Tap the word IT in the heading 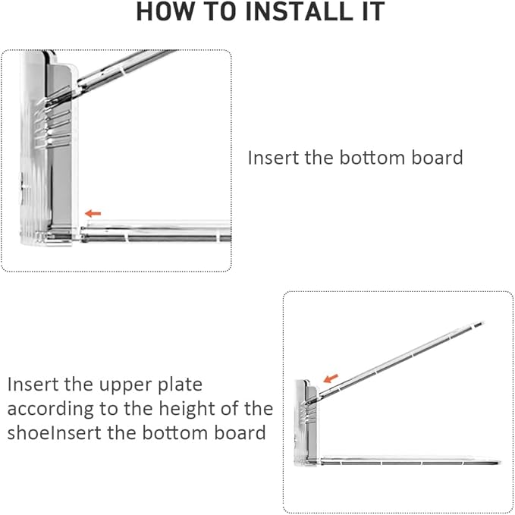point(374,11)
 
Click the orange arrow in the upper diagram point(93,213)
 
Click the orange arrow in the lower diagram point(331,378)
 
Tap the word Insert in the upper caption point(273,158)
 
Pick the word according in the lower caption point(50,410)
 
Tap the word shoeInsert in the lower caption point(54,432)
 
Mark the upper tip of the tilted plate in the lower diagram point(483,323)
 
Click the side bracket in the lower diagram point(307,423)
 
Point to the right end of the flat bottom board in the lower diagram point(501,463)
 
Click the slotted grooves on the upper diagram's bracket point(52,125)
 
